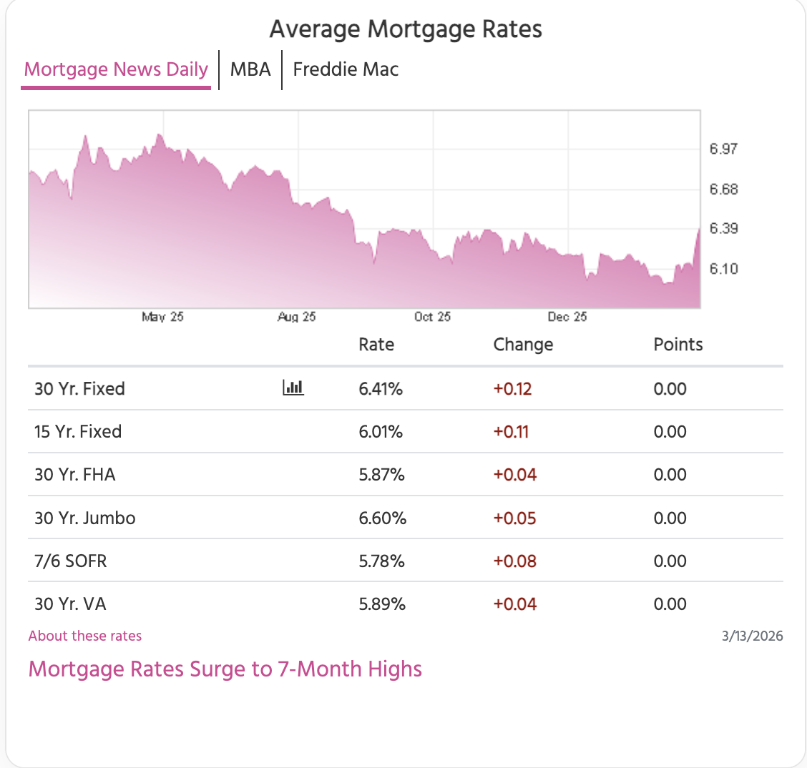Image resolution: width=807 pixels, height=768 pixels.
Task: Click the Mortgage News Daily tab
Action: click(x=116, y=69)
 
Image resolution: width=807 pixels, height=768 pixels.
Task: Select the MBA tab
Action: click(x=250, y=69)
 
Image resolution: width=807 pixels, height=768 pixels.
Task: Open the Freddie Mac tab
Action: click(x=346, y=69)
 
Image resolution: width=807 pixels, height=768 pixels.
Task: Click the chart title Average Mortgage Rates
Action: click(x=406, y=29)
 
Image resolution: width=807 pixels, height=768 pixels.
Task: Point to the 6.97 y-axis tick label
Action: click(x=723, y=149)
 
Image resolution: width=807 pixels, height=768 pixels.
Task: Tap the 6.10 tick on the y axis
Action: click(x=723, y=269)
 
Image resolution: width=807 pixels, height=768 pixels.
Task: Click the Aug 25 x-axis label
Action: click(x=297, y=317)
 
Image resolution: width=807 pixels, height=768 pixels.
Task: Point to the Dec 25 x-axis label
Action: click(x=567, y=317)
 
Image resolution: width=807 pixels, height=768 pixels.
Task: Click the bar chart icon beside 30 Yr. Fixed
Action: click(x=293, y=388)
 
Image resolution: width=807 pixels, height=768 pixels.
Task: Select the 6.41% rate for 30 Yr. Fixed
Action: click(x=381, y=389)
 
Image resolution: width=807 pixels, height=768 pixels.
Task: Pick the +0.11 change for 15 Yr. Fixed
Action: click(x=511, y=432)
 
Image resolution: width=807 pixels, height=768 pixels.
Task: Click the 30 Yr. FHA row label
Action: click(x=75, y=475)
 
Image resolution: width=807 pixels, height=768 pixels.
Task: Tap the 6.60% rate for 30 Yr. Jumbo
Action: click(x=383, y=518)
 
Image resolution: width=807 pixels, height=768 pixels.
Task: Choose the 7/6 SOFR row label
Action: click(x=71, y=561)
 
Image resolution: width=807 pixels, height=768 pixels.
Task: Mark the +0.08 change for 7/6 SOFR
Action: click(x=515, y=561)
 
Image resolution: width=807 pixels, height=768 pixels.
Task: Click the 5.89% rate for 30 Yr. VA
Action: click(x=382, y=604)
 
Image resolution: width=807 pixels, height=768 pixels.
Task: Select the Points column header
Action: click(x=678, y=345)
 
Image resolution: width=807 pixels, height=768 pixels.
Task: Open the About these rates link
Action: click(x=85, y=636)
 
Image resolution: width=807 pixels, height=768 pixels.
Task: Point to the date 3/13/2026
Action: click(x=753, y=636)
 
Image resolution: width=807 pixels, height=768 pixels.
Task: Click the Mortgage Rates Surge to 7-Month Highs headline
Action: click(x=225, y=669)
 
